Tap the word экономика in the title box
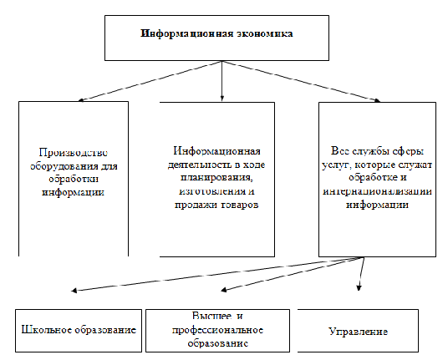[x=264, y=33]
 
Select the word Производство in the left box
[x=74, y=153]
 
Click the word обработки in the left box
[x=74, y=179]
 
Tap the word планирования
[x=216, y=178]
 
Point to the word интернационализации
[x=377, y=191]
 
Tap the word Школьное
[x=46, y=330]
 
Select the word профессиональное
[x=217, y=331]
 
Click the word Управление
[x=359, y=332]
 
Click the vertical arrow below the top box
[x=222, y=81]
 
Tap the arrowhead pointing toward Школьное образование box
[x=74, y=291]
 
